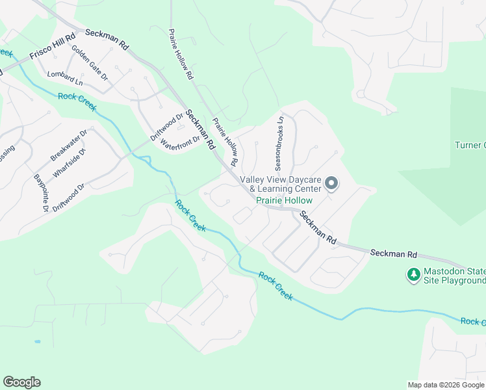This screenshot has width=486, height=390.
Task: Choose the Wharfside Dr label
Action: coord(71,164)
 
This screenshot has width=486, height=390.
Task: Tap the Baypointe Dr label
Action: coord(41,193)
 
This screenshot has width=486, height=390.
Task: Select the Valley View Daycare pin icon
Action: coord(331,184)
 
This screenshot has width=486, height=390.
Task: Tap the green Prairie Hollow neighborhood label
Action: coord(284,201)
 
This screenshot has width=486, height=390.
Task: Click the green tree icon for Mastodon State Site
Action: coord(413,275)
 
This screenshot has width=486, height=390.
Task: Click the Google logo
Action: coord(21,382)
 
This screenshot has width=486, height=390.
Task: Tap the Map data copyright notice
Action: coord(446,385)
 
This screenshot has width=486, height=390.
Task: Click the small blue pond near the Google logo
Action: coord(38,341)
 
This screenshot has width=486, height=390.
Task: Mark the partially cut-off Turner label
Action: coord(470,145)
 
